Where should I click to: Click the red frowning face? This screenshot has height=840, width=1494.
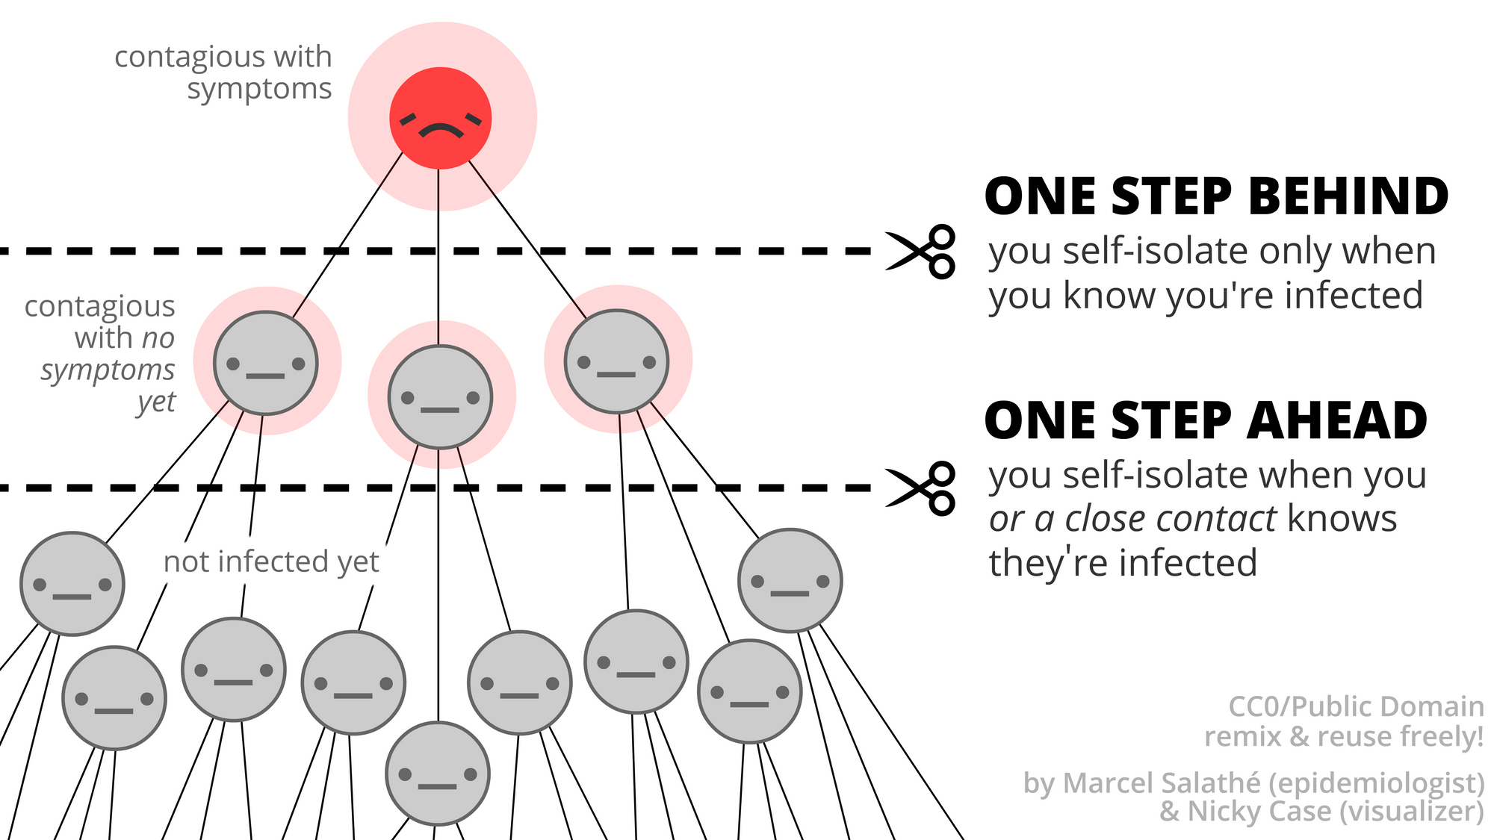click(x=441, y=118)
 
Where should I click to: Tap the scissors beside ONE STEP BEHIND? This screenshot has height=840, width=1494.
click(x=921, y=252)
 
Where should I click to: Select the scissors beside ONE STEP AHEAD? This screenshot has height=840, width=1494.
click(x=921, y=488)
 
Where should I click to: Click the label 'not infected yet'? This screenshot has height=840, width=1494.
click(x=271, y=561)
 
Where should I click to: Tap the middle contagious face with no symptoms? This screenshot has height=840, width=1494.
click(x=441, y=396)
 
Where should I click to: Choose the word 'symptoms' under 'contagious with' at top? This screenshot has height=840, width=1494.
click(x=259, y=89)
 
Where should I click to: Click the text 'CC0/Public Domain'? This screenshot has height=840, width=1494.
click(x=1356, y=706)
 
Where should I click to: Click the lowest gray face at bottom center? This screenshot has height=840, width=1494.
click(x=438, y=774)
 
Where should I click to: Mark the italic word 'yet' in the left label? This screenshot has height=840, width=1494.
click(x=157, y=402)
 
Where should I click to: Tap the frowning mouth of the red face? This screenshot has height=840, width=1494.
click(x=441, y=131)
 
